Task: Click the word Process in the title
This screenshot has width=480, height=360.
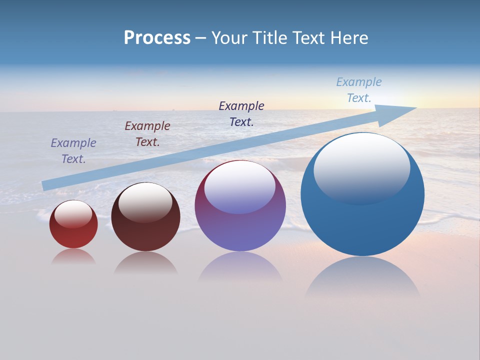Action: (157, 38)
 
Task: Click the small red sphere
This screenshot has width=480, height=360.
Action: (73, 235)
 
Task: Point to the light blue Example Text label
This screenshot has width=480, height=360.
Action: (359, 90)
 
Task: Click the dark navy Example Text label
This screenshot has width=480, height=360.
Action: (241, 113)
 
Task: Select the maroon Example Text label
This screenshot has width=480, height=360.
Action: (147, 133)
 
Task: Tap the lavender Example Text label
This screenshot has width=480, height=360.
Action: (73, 150)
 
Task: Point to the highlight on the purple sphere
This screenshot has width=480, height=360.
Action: (240, 187)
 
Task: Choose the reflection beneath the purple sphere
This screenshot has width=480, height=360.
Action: (240, 267)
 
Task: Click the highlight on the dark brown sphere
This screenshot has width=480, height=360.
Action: (145, 202)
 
